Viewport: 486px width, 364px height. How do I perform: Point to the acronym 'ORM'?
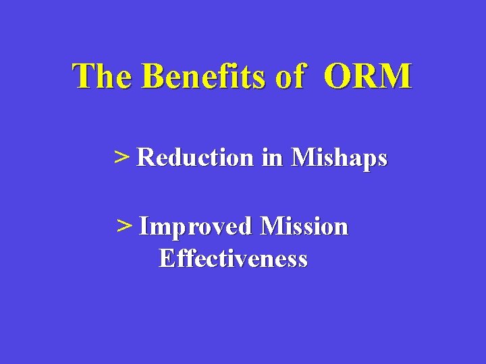coord(367,76)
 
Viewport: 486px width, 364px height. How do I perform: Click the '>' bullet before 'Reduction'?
coord(122,157)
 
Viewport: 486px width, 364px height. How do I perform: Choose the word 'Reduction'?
coord(194,158)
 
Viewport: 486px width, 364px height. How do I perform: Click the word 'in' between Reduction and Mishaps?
coord(272,158)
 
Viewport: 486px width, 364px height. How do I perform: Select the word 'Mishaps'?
coord(340,158)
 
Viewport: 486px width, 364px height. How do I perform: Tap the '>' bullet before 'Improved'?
coord(124,226)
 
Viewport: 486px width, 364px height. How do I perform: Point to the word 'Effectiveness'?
coord(234,259)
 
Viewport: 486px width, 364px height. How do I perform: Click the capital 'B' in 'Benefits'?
coord(154,76)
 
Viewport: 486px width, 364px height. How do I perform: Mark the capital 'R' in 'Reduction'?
coord(145,158)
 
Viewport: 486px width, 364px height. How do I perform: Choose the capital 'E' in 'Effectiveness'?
coord(165,259)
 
